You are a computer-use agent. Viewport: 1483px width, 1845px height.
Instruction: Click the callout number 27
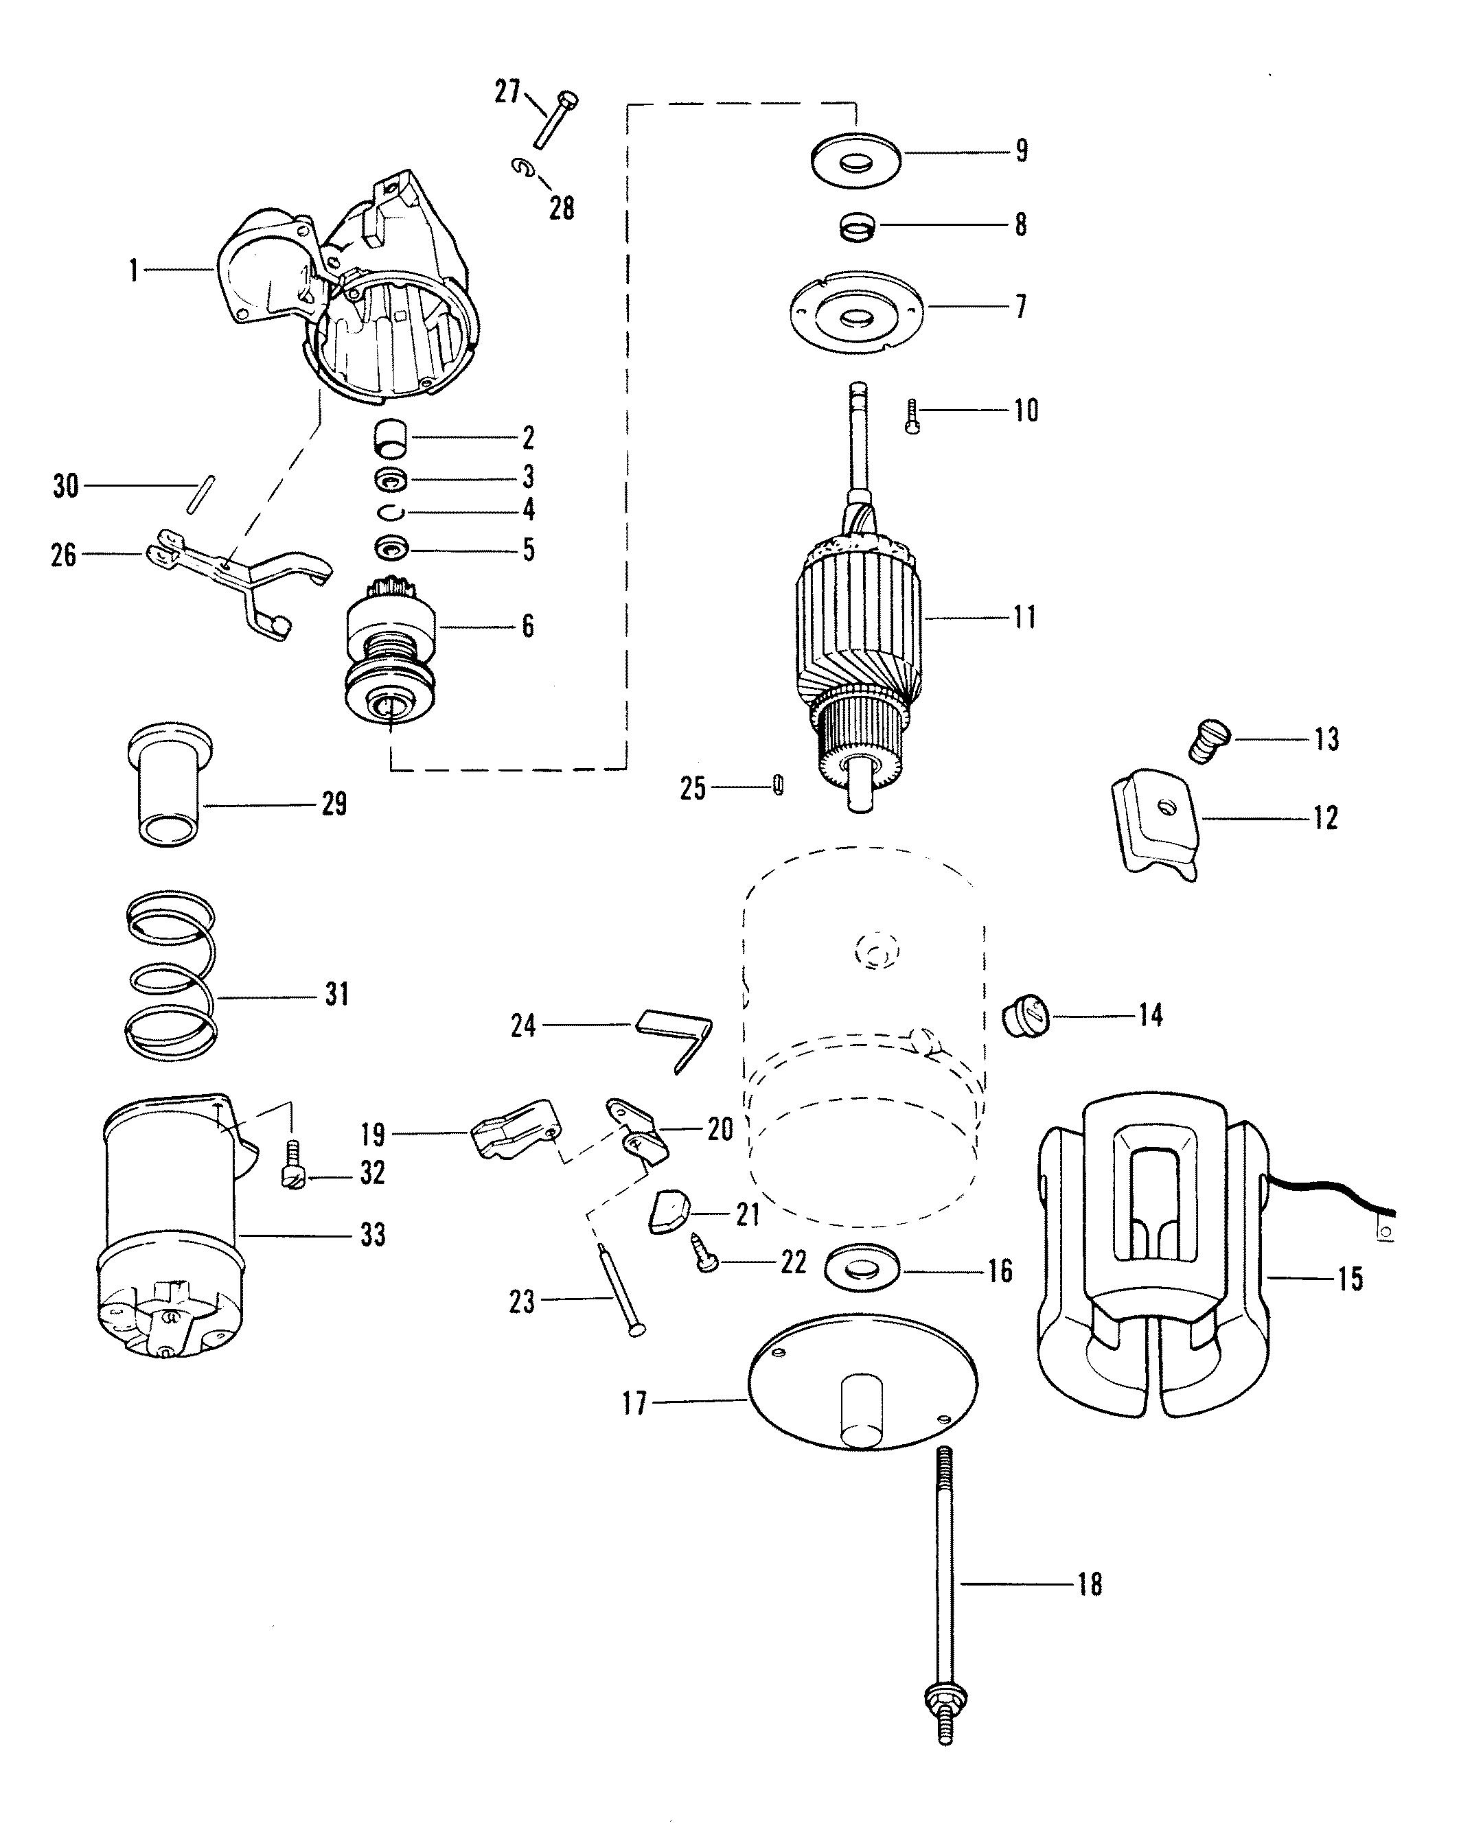click(508, 91)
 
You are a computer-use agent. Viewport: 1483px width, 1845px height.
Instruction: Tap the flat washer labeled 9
click(856, 159)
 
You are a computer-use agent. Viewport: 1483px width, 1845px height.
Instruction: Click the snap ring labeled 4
click(391, 513)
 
